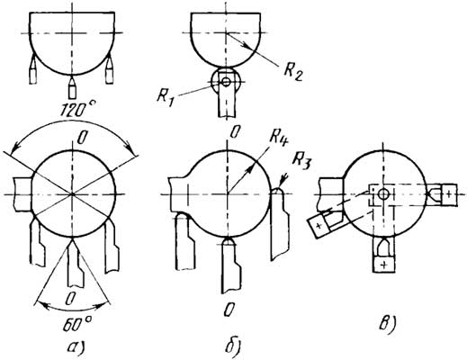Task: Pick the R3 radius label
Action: [x=301, y=163]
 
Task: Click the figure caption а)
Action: [x=75, y=346]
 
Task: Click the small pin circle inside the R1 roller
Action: [x=226, y=81]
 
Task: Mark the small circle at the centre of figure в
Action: [x=382, y=194]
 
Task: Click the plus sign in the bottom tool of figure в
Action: [x=384, y=265]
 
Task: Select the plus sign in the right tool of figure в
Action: [x=448, y=194]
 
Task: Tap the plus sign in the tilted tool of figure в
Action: [x=319, y=225]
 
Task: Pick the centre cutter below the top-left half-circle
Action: [x=72, y=87]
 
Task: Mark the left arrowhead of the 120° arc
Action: [x=14, y=148]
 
